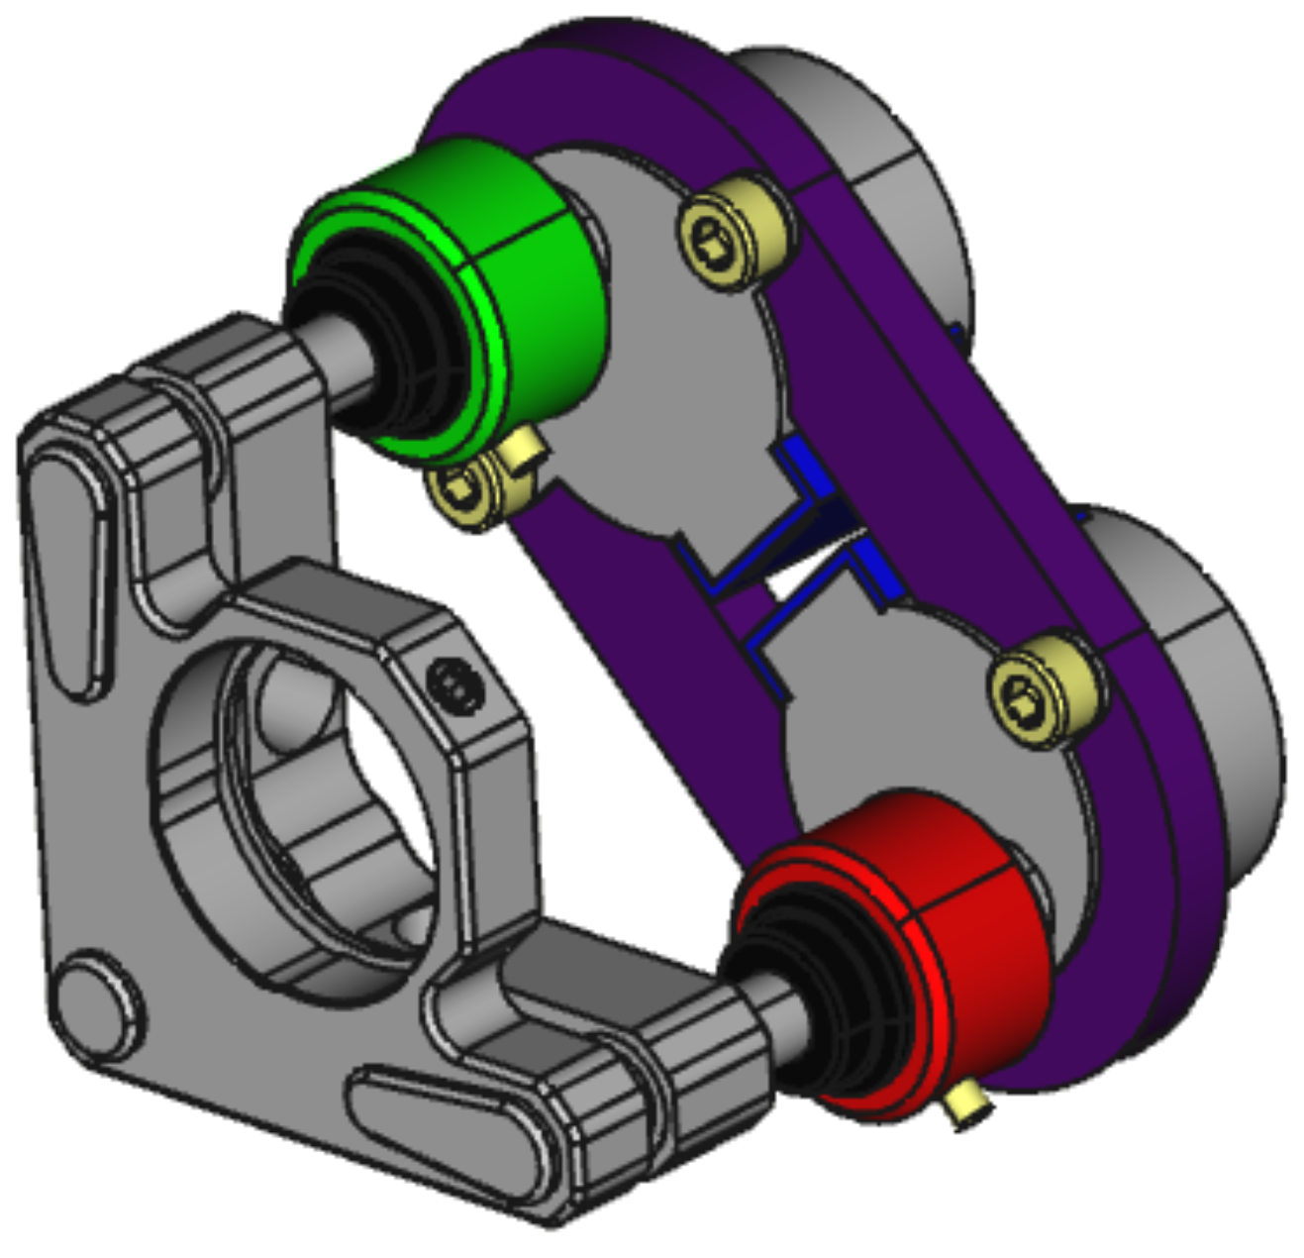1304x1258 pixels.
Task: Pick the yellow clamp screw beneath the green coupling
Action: pyautogui.click(x=465, y=490)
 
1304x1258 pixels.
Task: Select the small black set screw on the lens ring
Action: pyautogui.click(x=455, y=683)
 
